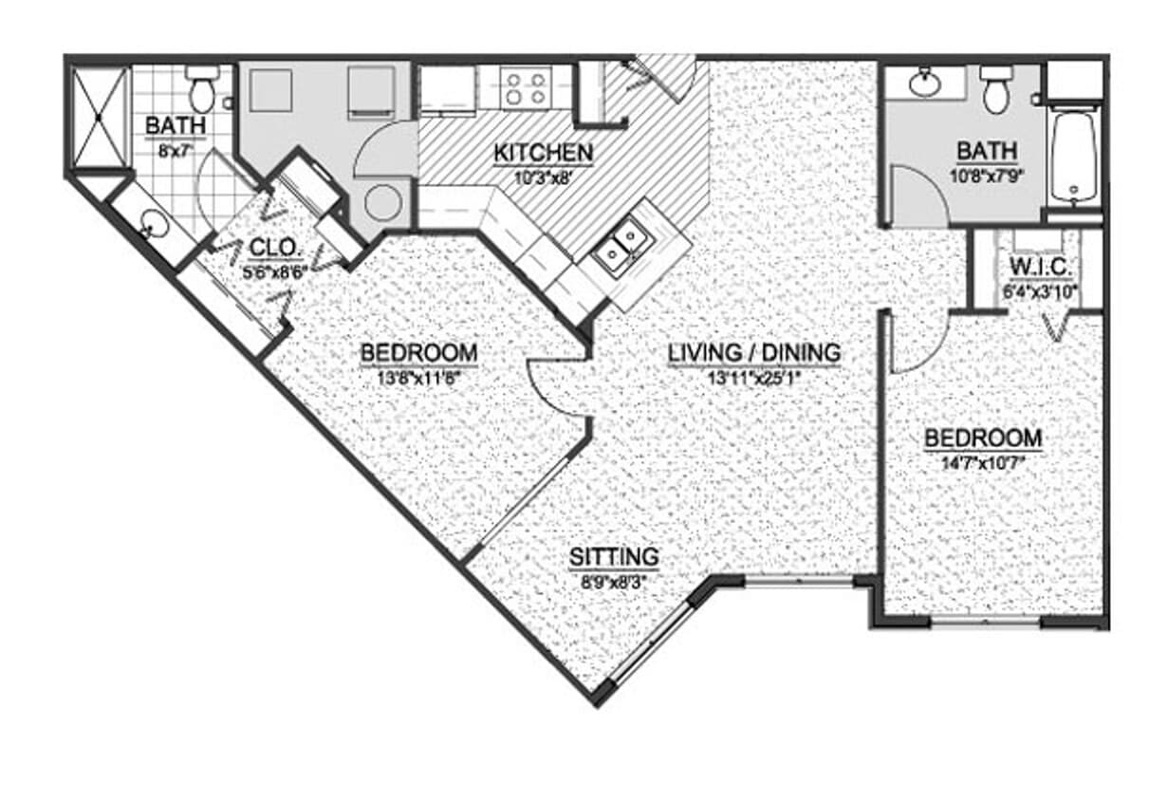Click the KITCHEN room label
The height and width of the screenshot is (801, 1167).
pyautogui.click(x=544, y=152)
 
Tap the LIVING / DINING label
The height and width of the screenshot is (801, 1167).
pyautogui.click(x=753, y=353)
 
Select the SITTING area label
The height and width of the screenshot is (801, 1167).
pyautogui.click(x=613, y=556)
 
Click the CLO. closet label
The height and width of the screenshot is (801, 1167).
pyautogui.click(x=276, y=249)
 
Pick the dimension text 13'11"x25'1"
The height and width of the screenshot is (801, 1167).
pyautogui.click(x=753, y=376)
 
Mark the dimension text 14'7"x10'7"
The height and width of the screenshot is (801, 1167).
pyautogui.click(x=983, y=462)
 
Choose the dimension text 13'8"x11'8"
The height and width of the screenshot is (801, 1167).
pyautogui.click(x=418, y=376)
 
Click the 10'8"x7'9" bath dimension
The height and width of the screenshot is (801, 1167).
pyautogui.click(x=987, y=175)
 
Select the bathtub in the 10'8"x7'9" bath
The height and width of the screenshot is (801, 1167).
pyautogui.click(x=1074, y=155)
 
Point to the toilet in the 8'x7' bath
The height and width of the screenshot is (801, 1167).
pyautogui.click(x=201, y=89)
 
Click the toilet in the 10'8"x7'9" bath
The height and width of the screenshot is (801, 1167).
pyautogui.click(x=995, y=90)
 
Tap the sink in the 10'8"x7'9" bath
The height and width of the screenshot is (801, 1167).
pyautogui.click(x=924, y=84)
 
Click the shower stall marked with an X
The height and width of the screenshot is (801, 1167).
pyautogui.click(x=100, y=118)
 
